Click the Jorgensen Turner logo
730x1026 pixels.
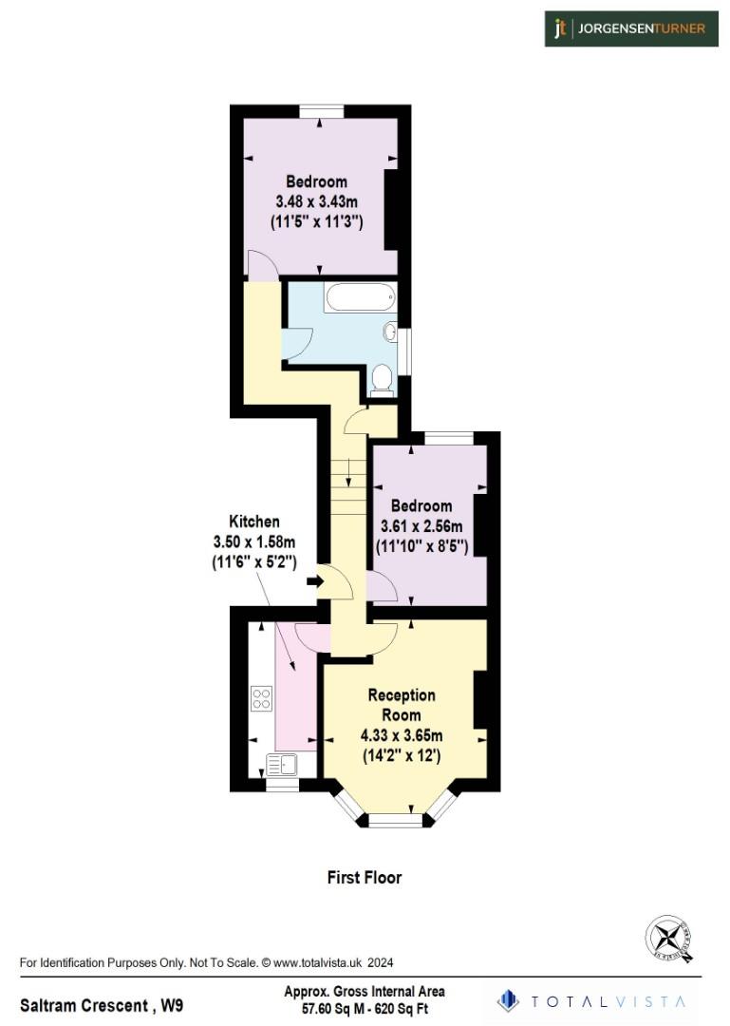tap(630, 28)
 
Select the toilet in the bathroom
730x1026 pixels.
tap(383, 379)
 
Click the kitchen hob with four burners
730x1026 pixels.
tap(261, 698)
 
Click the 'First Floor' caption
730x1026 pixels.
tap(365, 877)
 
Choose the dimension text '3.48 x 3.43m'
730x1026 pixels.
tap(317, 201)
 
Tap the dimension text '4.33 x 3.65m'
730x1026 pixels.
tap(402, 735)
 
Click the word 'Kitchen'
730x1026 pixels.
tap(254, 522)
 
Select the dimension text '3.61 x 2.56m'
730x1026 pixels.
tap(421, 526)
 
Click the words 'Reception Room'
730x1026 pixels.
tap(402, 705)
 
